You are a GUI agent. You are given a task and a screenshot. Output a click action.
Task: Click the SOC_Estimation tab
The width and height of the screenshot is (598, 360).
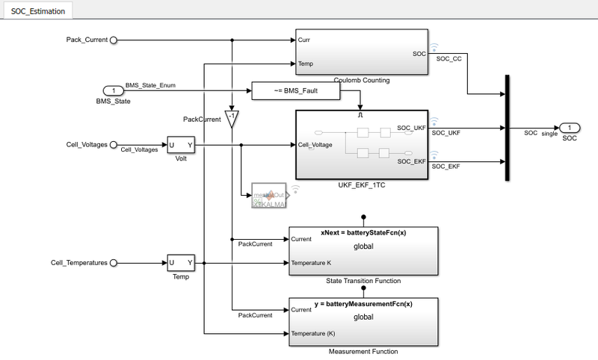[x=37, y=11]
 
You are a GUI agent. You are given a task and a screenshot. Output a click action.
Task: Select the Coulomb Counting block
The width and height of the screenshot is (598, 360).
[x=362, y=52]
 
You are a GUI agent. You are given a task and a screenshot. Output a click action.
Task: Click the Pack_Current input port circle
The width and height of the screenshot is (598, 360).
[x=114, y=39]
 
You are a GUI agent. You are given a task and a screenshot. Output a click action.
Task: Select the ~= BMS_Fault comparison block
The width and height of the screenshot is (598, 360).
[x=296, y=90]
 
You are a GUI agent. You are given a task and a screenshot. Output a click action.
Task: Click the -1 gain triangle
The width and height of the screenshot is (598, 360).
[x=232, y=117]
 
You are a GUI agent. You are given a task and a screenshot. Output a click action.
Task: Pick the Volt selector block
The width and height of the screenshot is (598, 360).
[x=181, y=144]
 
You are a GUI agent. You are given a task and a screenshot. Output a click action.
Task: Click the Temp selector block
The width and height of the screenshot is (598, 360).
[x=181, y=263]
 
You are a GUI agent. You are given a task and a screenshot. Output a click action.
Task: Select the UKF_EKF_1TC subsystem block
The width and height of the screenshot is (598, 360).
[x=362, y=145]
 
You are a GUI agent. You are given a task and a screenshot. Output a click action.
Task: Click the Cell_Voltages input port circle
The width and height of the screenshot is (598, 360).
[x=114, y=144]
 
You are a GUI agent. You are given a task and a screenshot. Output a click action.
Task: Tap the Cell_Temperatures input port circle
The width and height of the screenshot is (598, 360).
[x=114, y=263]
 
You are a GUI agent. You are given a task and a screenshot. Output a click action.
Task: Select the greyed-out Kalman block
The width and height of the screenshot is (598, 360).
[x=270, y=196]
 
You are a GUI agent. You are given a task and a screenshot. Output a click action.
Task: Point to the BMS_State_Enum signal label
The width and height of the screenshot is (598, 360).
[x=150, y=85]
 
